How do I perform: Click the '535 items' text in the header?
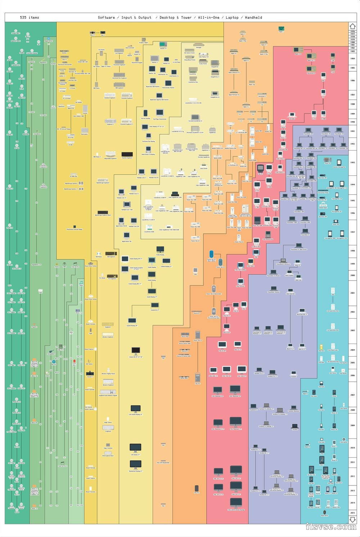click(x=30, y=18)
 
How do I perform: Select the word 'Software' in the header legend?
click(x=106, y=18)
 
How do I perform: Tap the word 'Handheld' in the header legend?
click(x=253, y=18)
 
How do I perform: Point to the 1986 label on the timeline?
click(x=352, y=81)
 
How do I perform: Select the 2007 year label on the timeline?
click(x=352, y=395)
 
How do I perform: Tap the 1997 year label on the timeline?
click(x=352, y=232)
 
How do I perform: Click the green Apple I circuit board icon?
click(x=281, y=28)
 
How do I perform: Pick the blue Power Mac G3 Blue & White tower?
click(x=211, y=255)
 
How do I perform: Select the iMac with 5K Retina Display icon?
click(x=236, y=503)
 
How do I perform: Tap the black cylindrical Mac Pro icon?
click(x=197, y=488)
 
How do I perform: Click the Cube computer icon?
click(x=195, y=270)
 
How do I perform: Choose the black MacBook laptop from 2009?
click(x=295, y=426)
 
